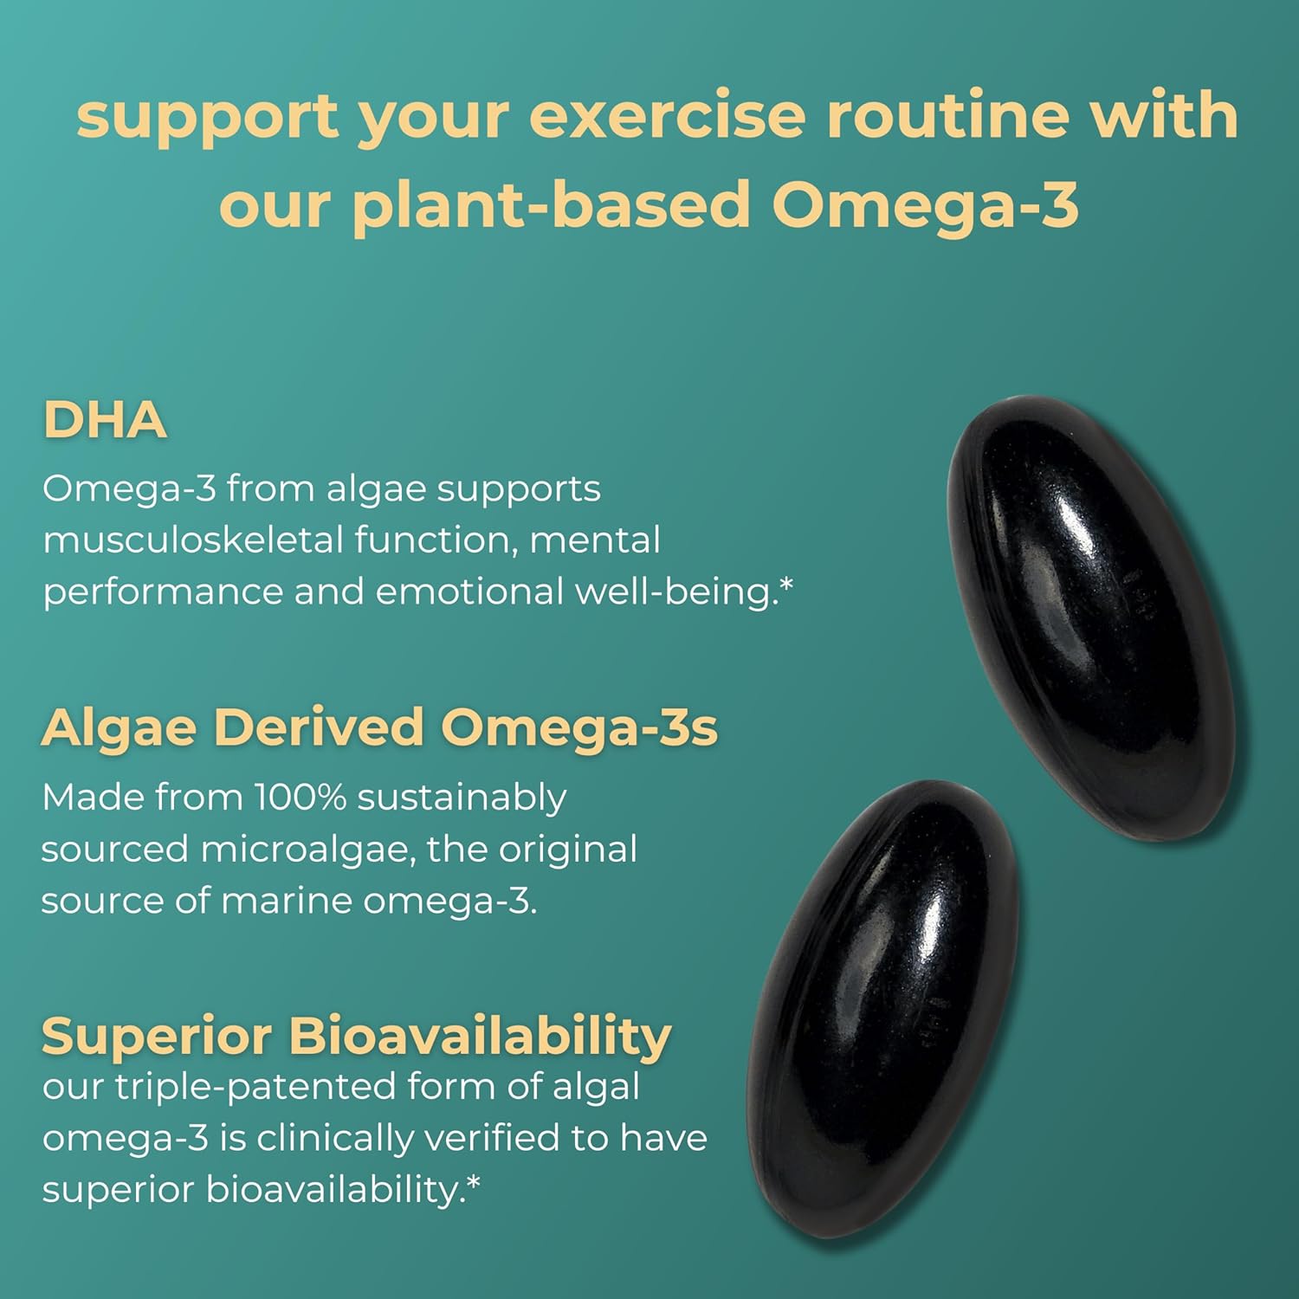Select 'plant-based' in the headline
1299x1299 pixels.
[551, 206]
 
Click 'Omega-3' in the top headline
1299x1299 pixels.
[925, 206]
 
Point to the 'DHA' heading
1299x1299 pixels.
[105, 421]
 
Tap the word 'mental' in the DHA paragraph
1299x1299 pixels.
[594, 540]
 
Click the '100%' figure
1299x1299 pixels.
[300, 798]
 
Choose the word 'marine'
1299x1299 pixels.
[287, 902]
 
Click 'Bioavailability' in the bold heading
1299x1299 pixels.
[480, 1036]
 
